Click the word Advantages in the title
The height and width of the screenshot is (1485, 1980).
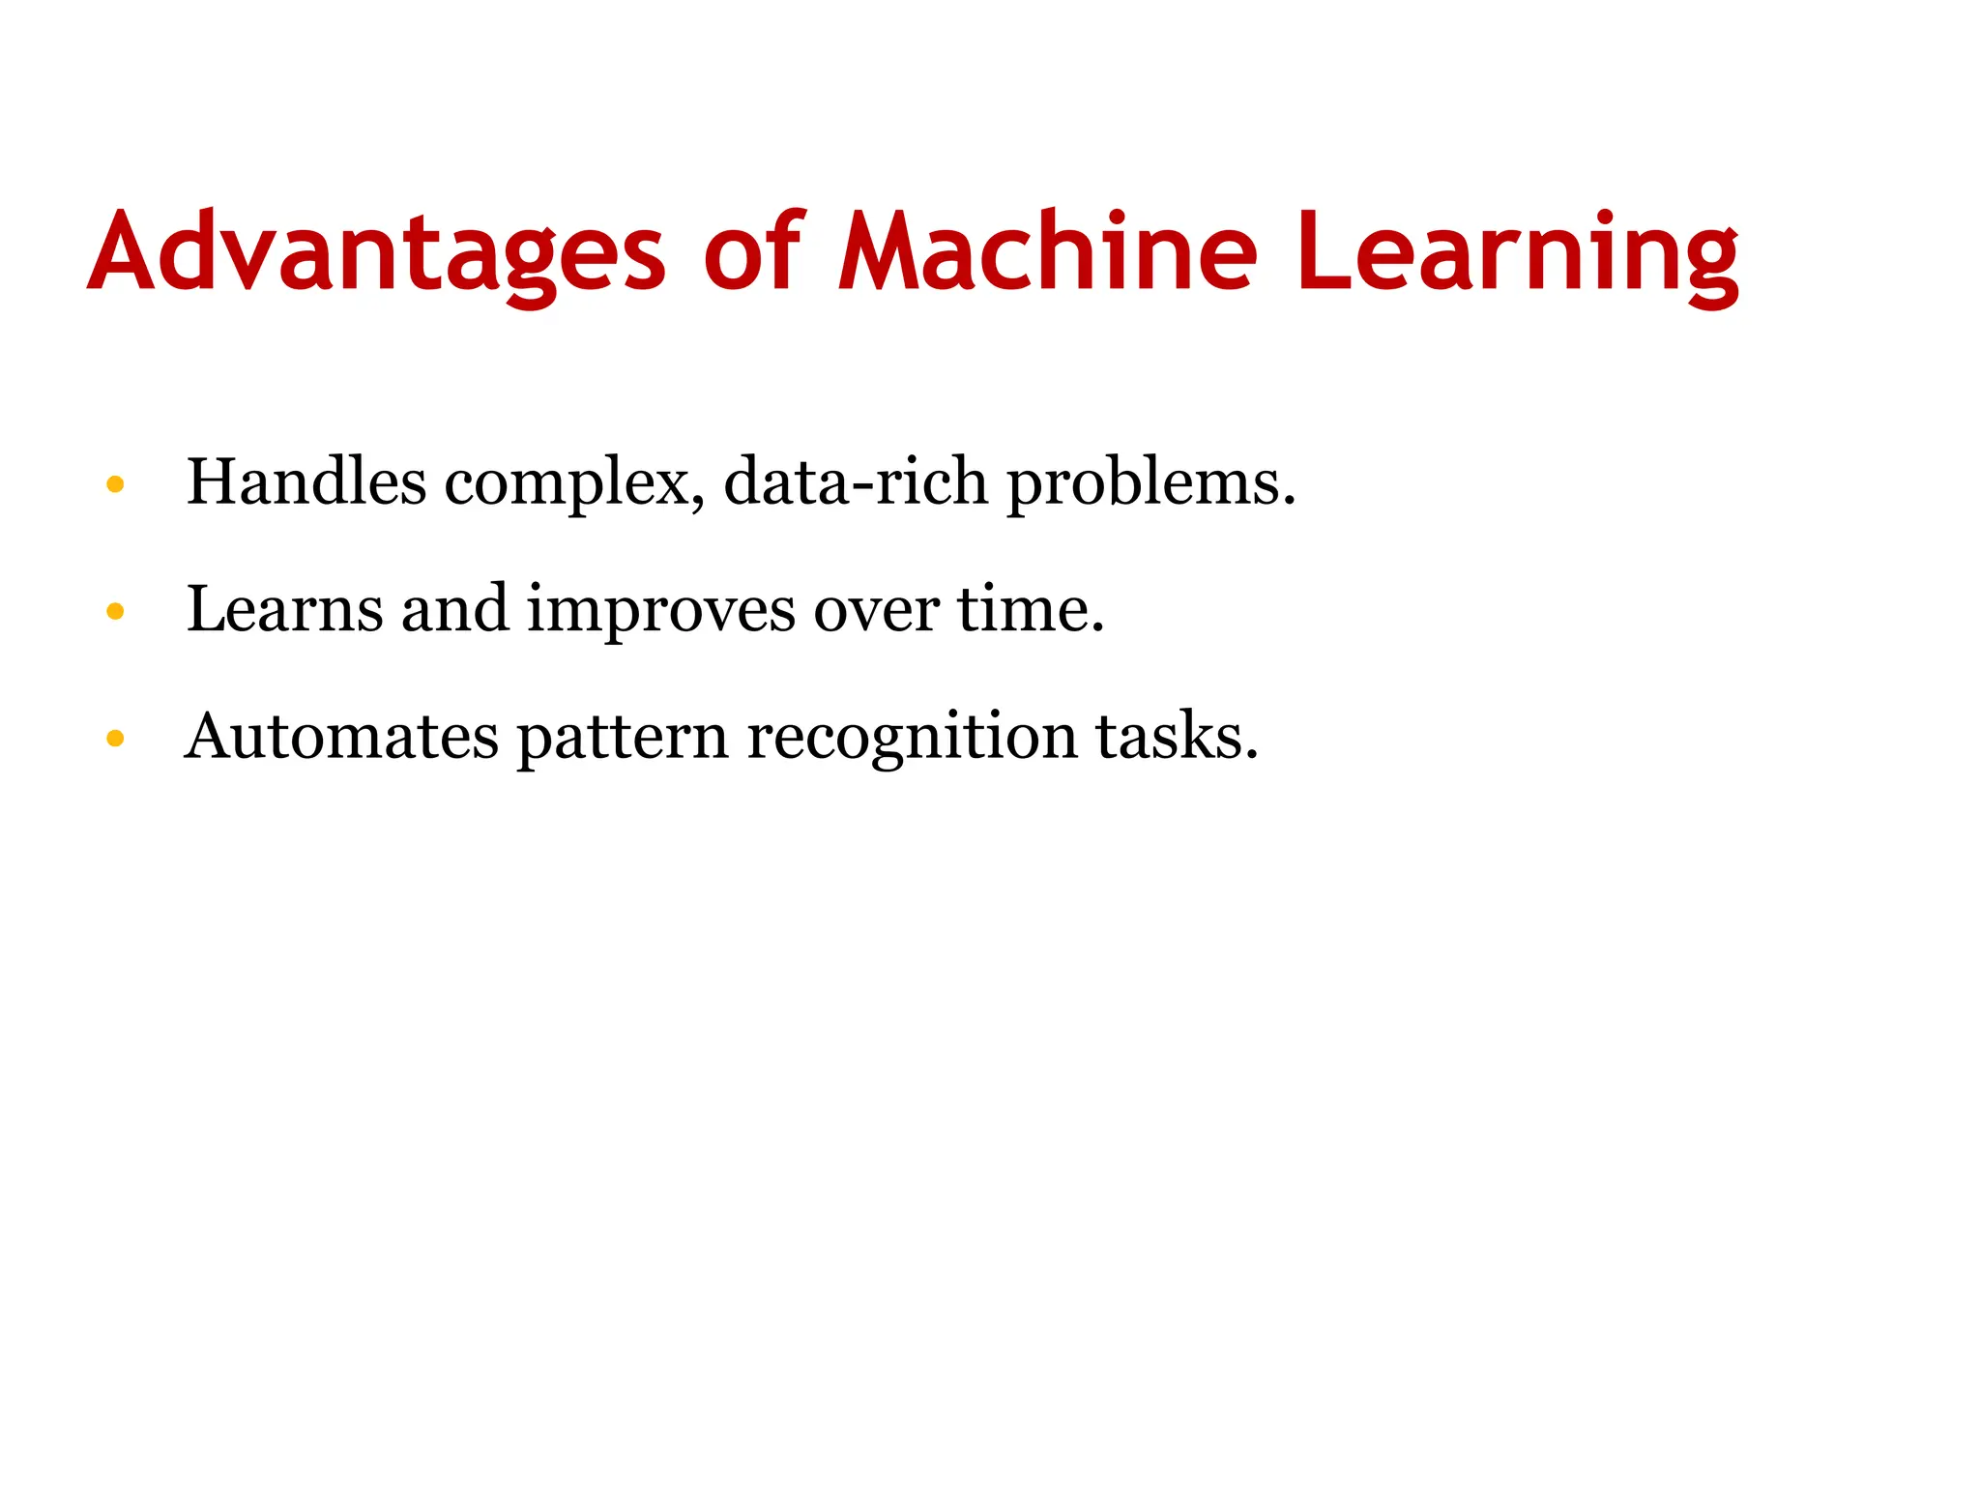point(376,252)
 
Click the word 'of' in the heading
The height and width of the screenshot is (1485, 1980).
point(752,250)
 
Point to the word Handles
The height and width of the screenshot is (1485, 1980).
point(306,481)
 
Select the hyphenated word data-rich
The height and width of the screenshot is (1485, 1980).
point(856,481)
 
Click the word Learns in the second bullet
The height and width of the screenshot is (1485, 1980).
point(285,609)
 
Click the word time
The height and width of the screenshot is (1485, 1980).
point(1031,609)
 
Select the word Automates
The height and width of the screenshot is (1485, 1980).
point(341,737)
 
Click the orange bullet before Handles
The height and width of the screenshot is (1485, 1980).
point(115,483)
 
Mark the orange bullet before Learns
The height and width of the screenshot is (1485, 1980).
point(115,611)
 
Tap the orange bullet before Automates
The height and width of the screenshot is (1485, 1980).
point(115,740)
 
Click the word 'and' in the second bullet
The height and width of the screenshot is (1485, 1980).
point(454,609)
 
